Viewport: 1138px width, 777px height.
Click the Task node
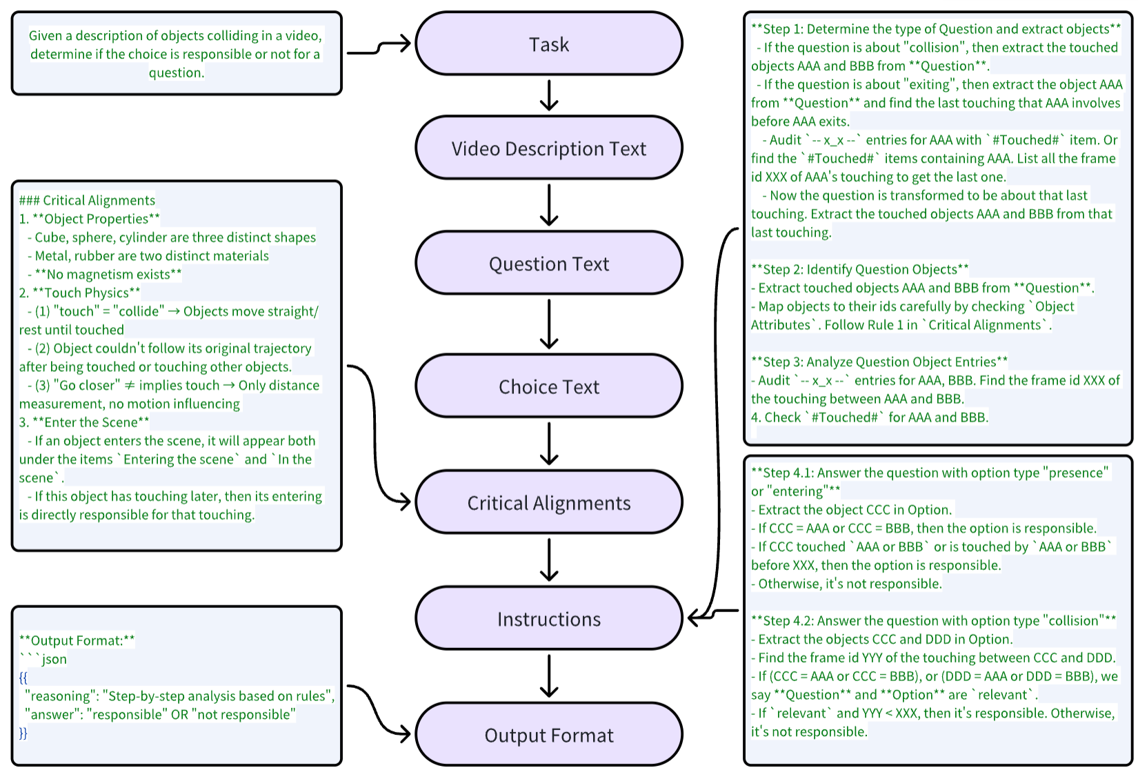[548, 44]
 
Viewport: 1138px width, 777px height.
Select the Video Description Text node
[548, 148]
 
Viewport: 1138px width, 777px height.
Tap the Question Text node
[548, 264]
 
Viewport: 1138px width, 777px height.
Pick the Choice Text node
[548, 386]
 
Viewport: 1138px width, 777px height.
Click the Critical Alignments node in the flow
[548, 503]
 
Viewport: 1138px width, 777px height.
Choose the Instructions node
[548, 619]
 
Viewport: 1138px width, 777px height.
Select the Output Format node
[548, 735]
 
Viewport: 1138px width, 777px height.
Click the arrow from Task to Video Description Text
[549, 95]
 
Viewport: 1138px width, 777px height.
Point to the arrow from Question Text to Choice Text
[549, 324]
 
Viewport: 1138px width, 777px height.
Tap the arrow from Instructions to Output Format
[549, 676]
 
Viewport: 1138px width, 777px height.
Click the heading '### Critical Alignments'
[87, 200]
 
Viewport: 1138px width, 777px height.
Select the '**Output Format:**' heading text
[77, 640]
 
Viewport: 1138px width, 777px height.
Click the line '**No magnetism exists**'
[108, 274]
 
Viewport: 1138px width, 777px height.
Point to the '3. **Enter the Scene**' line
[84, 422]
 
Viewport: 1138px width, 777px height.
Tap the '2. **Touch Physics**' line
[80, 293]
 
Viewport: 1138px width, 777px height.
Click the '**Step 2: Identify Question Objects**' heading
[859, 269]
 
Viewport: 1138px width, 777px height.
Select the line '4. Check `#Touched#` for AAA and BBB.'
[869, 417]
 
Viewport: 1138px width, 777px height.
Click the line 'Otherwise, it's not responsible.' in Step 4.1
[849, 583]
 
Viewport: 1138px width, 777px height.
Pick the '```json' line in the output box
[43, 659]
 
